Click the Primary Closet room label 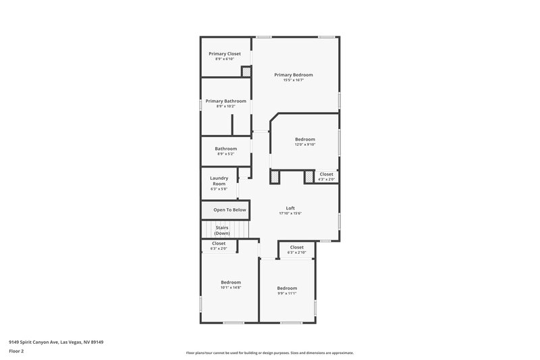[225, 53]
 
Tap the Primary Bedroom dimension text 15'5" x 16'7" [294, 80]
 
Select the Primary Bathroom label [226, 101]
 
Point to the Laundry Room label [219, 181]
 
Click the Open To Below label [230, 210]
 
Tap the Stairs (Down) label [222, 230]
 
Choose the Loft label [290, 208]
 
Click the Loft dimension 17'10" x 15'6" [290, 213]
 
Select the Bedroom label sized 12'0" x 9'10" [305, 139]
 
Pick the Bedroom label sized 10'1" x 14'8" [231, 282]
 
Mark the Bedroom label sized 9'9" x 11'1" [287, 288]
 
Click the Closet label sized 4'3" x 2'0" [327, 174]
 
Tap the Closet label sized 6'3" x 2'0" [219, 243]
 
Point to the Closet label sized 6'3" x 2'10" [297, 247]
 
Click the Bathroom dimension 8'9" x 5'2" [226, 154]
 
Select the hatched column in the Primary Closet [246, 70]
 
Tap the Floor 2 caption [16, 351]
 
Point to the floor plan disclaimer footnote [270, 353]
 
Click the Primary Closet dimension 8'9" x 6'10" [225, 59]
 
